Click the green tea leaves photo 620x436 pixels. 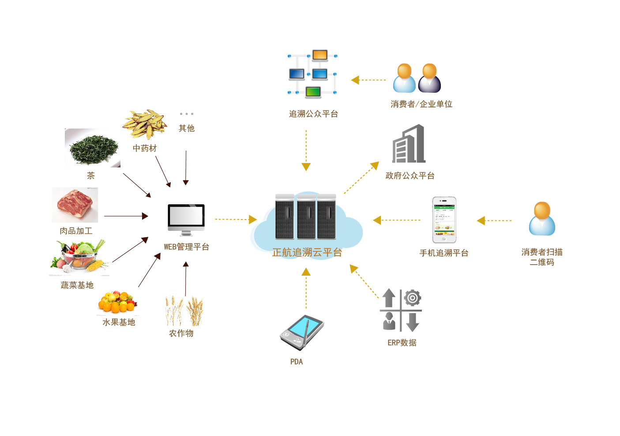tap(93, 148)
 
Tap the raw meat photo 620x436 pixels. tap(75, 205)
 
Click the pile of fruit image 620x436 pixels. tap(117, 302)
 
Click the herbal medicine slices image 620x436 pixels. tap(145, 124)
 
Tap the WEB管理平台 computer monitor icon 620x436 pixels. tap(186, 219)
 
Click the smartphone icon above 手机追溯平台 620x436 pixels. tap(444, 220)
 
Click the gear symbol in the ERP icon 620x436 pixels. tap(413, 298)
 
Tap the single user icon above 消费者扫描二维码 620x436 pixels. tap(542, 219)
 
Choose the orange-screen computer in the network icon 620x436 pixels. tap(320, 55)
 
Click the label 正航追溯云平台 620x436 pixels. tap(307, 253)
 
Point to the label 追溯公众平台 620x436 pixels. tap(313, 114)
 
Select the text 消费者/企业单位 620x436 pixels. tap(421, 104)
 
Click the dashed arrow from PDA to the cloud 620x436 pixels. tap(306, 289)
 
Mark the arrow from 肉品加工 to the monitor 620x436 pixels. tap(126, 216)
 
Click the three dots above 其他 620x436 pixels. tap(187, 114)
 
